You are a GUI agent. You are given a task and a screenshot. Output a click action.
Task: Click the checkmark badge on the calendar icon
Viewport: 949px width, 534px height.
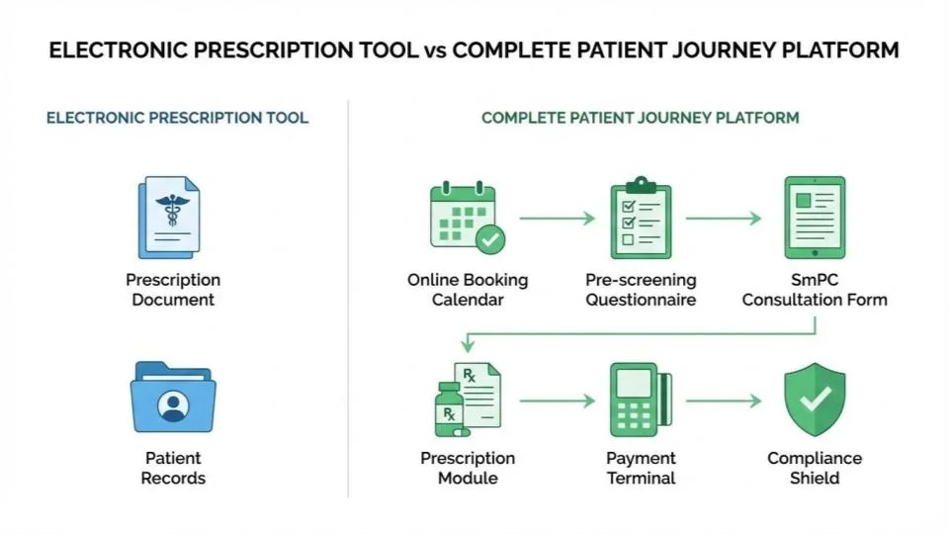point(489,238)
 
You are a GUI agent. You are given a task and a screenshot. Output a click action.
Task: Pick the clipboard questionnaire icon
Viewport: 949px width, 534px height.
point(640,218)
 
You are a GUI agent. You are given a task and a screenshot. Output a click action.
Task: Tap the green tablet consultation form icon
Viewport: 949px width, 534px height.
point(815,217)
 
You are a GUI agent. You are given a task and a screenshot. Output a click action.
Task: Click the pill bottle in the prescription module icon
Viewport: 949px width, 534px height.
point(449,410)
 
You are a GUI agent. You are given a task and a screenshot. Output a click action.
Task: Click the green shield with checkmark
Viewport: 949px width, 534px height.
point(815,400)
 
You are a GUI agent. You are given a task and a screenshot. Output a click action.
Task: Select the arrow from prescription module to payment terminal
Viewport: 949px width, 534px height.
point(558,400)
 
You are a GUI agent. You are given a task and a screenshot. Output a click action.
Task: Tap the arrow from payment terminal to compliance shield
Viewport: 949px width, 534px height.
point(724,400)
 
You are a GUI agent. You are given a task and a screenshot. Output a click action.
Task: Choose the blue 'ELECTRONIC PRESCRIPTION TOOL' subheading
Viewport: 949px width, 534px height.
point(177,118)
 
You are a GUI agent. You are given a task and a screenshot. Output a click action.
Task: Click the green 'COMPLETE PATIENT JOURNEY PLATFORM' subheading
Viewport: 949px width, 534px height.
point(640,118)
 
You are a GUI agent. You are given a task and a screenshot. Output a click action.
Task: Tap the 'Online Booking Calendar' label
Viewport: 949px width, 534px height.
point(468,290)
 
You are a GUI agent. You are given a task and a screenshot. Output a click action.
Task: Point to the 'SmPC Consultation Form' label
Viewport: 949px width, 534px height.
point(815,290)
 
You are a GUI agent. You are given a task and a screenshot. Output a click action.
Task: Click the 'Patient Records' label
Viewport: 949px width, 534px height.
point(173,468)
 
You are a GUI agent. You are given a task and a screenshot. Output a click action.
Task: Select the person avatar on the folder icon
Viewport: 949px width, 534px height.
point(174,405)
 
